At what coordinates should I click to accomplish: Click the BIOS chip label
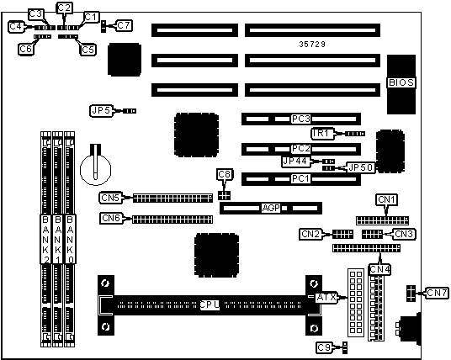(x=401, y=82)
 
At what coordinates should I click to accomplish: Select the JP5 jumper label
(x=101, y=111)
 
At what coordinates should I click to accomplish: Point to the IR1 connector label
(x=323, y=134)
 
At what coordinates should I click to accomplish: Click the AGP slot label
(x=271, y=208)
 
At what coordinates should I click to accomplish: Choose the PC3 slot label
(x=301, y=119)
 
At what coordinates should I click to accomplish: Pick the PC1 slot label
(x=301, y=179)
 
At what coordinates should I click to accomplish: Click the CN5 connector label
(x=110, y=198)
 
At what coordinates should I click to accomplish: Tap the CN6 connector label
(x=111, y=218)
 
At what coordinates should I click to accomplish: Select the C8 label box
(x=225, y=175)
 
